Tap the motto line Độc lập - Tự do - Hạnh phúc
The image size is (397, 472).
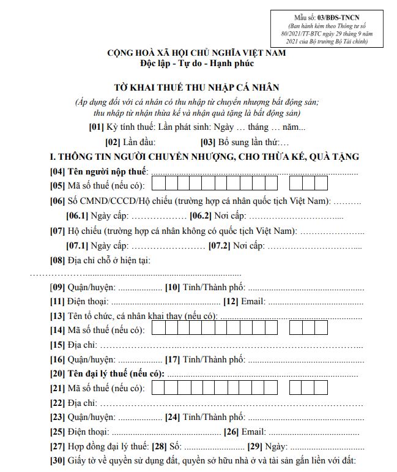point(197,62)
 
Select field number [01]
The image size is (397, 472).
point(97,127)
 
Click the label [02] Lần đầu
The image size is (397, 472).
point(126,142)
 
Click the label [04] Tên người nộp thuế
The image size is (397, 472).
point(99,171)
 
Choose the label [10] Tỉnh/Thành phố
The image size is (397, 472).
point(204,287)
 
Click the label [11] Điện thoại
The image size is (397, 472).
point(79,301)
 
